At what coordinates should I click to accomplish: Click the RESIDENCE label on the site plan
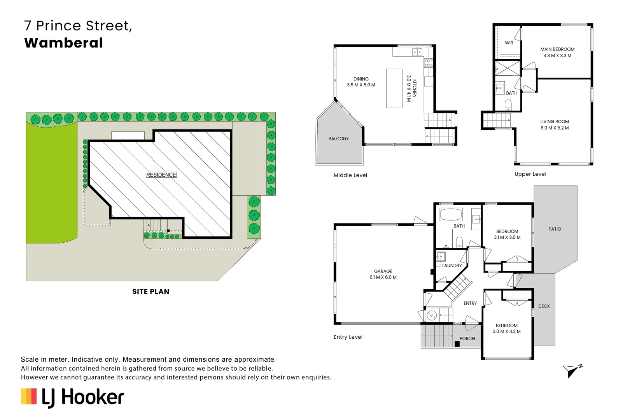pyautogui.click(x=161, y=175)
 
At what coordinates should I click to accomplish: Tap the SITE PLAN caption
pyautogui.click(x=150, y=292)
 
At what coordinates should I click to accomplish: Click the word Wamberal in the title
pyautogui.click(x=64, y=43)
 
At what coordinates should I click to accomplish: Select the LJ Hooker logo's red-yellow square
pyautogui.click(x=29, y=396)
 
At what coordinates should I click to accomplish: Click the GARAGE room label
pyautogui.click(x=383, y=271)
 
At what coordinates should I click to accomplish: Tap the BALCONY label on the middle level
pyautogui.click(x=338, y=139)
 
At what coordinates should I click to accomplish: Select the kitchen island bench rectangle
pyautogui.click(x=394, y=88)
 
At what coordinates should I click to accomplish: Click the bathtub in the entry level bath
pyautogui.click(x=451, y=214)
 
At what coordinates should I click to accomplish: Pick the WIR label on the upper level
pyautogui.click(x=509, y=43)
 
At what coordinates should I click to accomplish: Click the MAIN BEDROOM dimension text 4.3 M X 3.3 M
pyautogui.click(x=557, y=56)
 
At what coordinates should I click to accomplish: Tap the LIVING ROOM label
pyautogui.click(x=555, y=122)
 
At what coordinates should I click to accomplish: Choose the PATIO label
pyautogui.click(x=555, y=229)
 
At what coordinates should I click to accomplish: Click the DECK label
pyautogui.click(x=544, y=306)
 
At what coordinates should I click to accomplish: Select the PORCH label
pyautogui.click(x=467, y=339)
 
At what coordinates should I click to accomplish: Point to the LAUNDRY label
pyautogui.click(x=452, y=266)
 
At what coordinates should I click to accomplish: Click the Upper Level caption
pyautogui.click(x=530, y=174)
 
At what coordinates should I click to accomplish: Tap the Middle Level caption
pyautogui.click(x=350, y=175)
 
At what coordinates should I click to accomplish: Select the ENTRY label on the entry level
pyautogui.click(x=470, y=303)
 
